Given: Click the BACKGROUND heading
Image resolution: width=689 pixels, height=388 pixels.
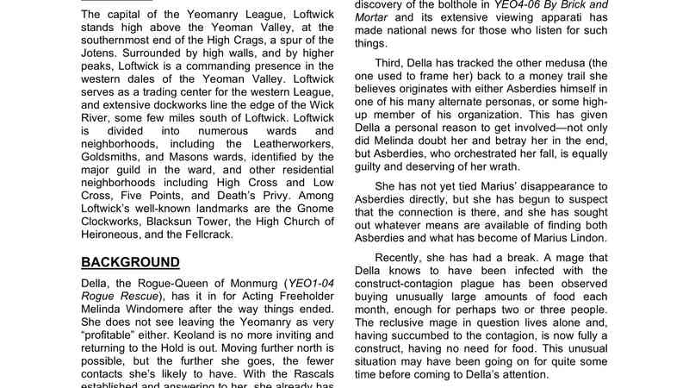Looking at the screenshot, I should [130, 262].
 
